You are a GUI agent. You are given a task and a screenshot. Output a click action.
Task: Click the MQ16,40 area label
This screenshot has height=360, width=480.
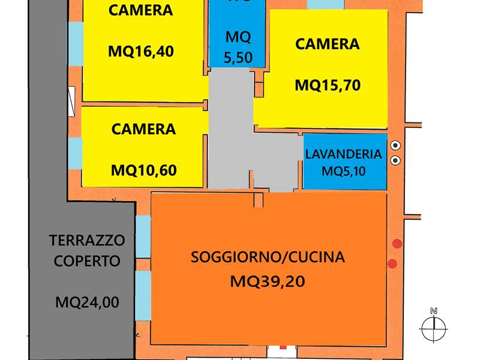coord(141,51)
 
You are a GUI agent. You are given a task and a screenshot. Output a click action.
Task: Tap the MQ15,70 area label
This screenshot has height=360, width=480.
coord(328,85)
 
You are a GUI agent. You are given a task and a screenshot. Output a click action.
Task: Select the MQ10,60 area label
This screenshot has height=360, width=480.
coord(143,170)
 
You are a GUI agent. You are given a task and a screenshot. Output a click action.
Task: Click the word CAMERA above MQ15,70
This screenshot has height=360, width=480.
coord(327,44)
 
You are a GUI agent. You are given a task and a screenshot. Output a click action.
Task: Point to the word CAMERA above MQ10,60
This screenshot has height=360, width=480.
coord(143,129)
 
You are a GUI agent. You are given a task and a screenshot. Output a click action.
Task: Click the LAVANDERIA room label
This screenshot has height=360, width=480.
coord(343,154)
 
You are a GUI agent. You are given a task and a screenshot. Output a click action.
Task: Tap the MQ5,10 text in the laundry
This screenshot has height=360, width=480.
coord(343,171)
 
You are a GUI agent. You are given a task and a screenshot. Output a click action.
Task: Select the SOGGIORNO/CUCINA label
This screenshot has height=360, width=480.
coord(268,257)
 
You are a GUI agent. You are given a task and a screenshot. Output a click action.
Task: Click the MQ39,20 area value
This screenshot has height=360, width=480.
coord(268,281)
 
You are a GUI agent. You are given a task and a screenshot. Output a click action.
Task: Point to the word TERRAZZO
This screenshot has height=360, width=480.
coord(87,241)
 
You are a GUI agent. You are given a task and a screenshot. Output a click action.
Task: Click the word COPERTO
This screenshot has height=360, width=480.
coord(87,261)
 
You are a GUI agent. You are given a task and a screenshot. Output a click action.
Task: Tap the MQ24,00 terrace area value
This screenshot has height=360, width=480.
coord(87,302)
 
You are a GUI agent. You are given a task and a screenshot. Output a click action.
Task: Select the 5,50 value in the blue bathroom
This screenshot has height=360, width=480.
coord(238,57)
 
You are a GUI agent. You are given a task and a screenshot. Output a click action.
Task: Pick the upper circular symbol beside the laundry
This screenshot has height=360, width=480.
coord(395,145)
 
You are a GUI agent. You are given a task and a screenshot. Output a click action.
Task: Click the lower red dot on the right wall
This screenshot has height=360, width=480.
coord(392,263)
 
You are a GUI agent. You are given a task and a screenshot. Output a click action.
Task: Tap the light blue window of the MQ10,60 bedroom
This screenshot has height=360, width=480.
coord(75,154)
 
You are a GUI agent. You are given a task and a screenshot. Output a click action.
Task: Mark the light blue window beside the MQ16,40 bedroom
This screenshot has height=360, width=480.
coord(76,44)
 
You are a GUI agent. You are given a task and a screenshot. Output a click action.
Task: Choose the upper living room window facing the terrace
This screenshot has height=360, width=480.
coord(143,236)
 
